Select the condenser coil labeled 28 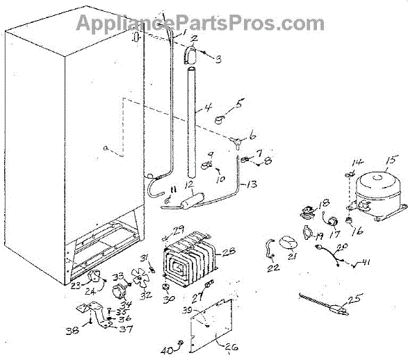[x=188, y=261]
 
